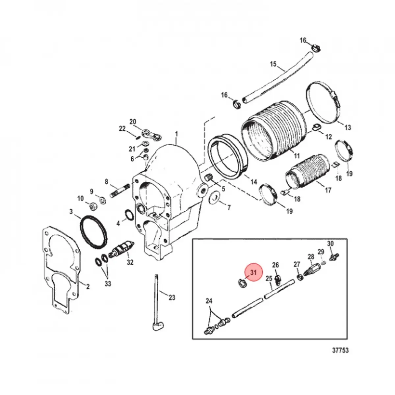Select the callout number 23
tap(171, 298)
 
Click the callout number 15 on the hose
tap(273, 64)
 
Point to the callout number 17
tap(328, 190)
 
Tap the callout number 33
tap(108, 283)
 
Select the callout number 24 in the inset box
tap(209, 301)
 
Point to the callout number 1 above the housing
tap(176, 134)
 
